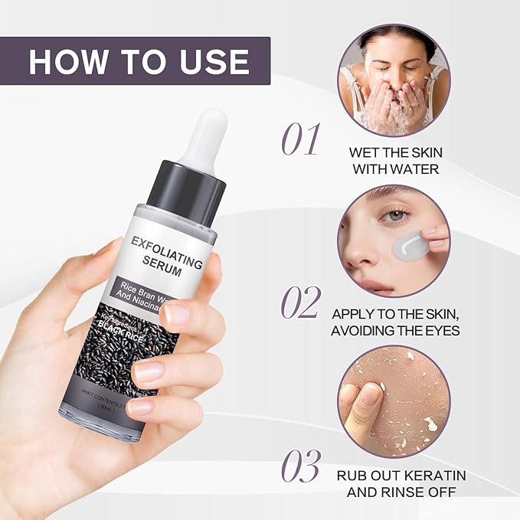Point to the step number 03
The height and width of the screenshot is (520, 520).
click(300, 466)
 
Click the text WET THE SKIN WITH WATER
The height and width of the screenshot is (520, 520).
click(394, 160)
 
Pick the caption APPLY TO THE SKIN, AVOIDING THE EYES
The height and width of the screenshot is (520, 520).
click(394, 322)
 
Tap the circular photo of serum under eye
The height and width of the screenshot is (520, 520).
click(394, 240)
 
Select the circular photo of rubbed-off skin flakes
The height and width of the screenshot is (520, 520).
click(394, 401)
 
